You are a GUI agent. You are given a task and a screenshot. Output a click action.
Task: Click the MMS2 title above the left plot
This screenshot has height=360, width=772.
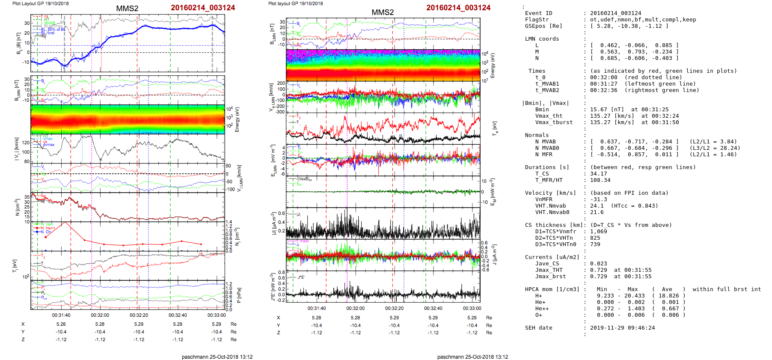(127, 9)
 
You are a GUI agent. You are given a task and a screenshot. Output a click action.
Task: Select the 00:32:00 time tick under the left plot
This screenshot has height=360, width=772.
(100, 315)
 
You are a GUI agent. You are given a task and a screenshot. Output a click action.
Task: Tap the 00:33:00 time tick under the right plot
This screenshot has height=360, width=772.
(472, 308)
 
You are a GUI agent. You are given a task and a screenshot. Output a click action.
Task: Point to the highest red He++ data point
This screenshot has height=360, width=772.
(65, 223)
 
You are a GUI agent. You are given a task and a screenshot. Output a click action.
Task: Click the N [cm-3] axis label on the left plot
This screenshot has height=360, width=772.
(17, 208)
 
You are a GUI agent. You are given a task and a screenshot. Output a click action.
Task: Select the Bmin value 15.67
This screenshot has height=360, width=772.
(599, 110)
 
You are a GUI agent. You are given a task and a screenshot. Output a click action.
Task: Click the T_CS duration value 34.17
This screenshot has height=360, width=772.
(598, 174)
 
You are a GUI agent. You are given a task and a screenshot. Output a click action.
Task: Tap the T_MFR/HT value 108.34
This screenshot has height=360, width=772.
(600, 180)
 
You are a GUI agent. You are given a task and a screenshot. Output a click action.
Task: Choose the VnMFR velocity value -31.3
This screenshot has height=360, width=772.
(598, 199)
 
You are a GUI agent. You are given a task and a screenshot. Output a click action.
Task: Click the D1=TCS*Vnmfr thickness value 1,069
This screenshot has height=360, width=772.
(598, 232)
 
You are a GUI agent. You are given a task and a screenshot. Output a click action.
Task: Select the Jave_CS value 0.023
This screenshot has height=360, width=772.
(598, 264)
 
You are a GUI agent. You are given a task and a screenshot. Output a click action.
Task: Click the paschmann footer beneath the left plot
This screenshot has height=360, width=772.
(217, 357)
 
